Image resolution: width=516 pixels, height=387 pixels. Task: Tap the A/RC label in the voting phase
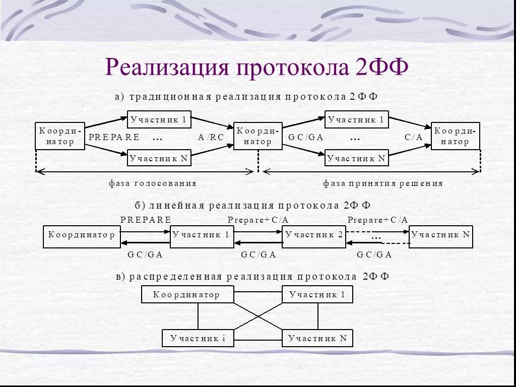[211, 137]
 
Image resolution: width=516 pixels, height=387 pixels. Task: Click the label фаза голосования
[153, 183]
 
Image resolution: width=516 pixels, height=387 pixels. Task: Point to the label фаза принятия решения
[382, 183]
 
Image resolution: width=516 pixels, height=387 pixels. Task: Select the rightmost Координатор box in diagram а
[455, 136]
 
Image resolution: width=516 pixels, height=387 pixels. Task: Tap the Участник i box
[198, 338]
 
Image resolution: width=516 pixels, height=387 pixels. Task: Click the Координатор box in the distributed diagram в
[187, 295]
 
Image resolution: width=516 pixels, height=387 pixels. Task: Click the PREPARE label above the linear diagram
[146, 220]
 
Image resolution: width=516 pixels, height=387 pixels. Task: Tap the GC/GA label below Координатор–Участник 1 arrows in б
[145, 254]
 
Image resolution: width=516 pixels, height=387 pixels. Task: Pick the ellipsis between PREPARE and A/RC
[157, 138]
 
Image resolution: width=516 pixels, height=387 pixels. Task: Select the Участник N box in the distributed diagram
[317, 338]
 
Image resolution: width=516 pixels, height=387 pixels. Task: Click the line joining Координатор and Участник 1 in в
[258, 292]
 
